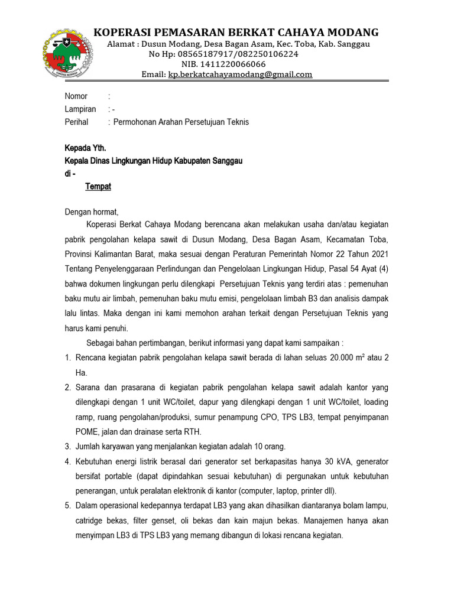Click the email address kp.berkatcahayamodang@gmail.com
coord(240,74)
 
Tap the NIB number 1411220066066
coord(232,64)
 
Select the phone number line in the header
coord(223,54)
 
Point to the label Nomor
coord(76,96)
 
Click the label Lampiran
coord(80,109)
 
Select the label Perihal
coord(76,122)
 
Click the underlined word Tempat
coord(98,187)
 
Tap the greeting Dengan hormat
coord(92,212)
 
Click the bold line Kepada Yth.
coord(85,148)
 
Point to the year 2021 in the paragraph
coord(378,253)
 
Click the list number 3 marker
coord(67,446)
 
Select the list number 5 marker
coord(67,506)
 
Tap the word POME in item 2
coord(87,431)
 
